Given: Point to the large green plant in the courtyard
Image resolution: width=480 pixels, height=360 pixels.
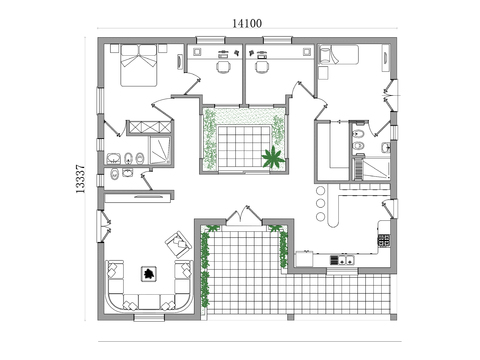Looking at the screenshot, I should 271,156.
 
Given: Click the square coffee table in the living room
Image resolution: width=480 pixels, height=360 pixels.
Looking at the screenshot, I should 148,272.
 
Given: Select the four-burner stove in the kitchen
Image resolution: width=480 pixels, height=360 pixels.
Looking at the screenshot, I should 382,239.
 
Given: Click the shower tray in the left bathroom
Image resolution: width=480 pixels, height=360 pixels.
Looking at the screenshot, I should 157,151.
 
